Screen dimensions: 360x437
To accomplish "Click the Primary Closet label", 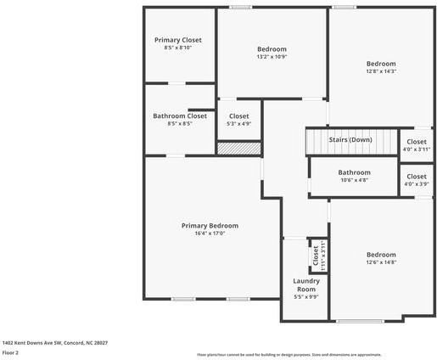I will tap(178, 40).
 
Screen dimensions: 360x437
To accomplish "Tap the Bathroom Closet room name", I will tap(179, 115).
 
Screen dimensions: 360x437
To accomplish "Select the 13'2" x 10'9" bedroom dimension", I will tap(272, 57).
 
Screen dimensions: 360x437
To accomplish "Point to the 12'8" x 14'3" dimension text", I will tap(381, 71).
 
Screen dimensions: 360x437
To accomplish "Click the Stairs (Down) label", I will tap(350, 139).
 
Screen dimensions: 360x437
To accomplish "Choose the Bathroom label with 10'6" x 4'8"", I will tap(354, 172).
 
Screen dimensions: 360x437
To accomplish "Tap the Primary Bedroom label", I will tap(210, 226).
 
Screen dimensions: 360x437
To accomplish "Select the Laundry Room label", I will tap(305, 284).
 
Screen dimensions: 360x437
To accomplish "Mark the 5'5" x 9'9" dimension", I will tap(305, 296).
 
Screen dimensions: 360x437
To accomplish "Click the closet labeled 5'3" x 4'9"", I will tap(238, 116).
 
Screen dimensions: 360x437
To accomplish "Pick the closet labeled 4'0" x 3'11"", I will tap(417, 142).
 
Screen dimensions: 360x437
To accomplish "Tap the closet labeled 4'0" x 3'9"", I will tap(417, 178).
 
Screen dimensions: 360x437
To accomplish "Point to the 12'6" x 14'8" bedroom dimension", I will tap(381, 262).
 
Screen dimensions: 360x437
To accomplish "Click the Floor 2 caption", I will tap(10, 352).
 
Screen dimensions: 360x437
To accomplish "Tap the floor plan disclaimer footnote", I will tap(289, 354).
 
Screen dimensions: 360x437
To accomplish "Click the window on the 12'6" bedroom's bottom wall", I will tap(360, 320).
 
